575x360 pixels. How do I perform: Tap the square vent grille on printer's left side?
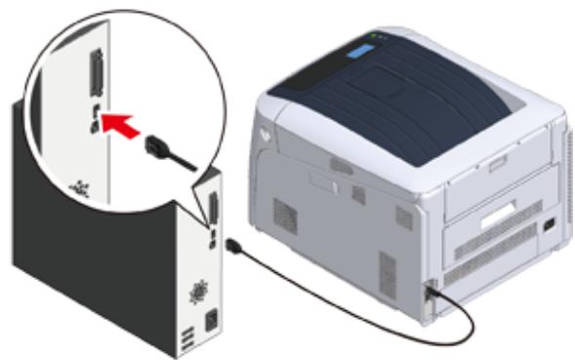284,216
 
